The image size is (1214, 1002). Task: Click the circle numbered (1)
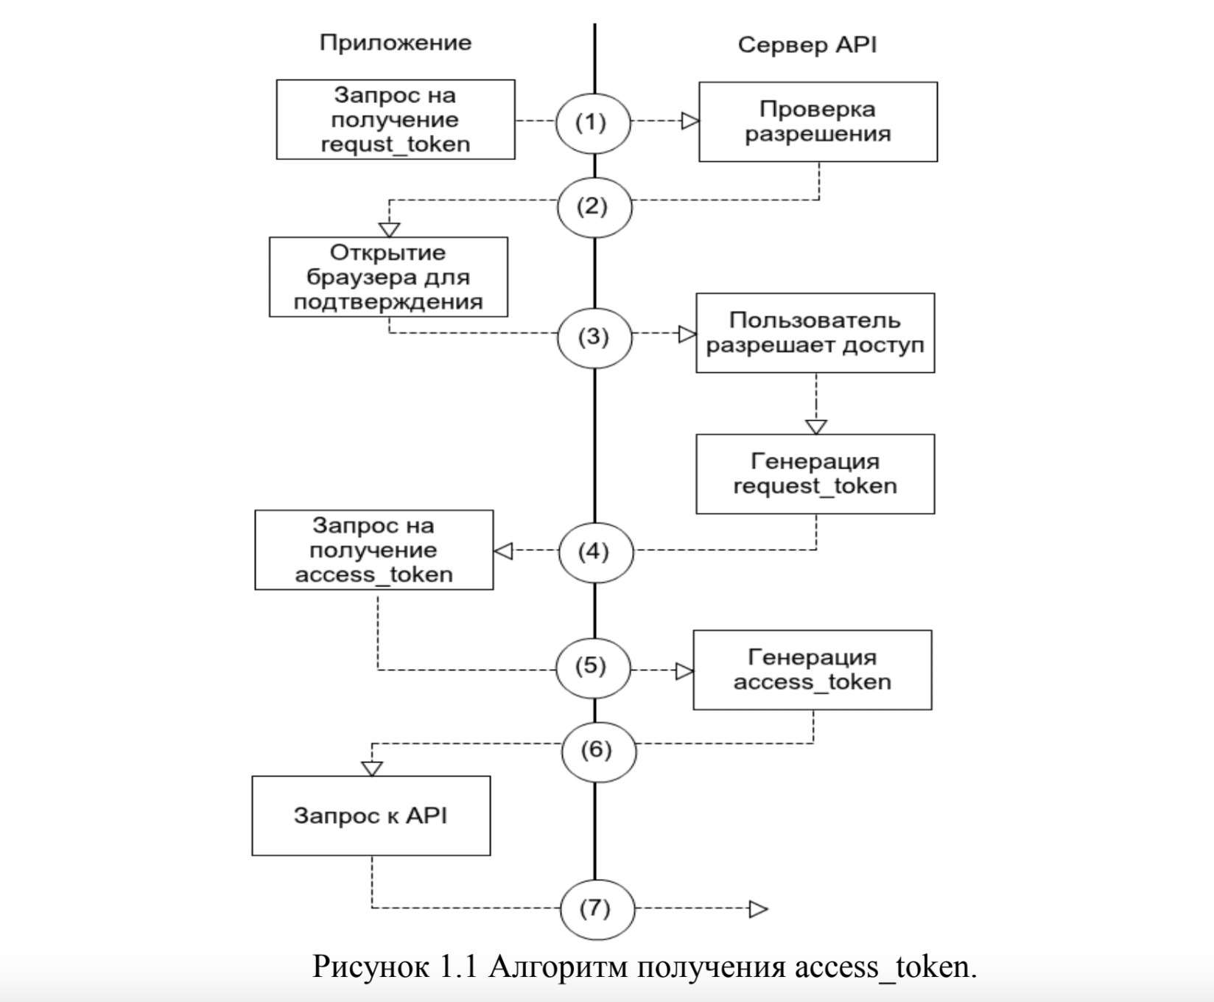point(592,122)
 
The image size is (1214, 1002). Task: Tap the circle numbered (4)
point(595,552)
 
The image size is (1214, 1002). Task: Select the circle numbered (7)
point(596,908)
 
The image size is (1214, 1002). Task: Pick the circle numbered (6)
point(597,750)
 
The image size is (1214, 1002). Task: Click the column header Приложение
point(396,43)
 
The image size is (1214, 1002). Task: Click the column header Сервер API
point(807,45)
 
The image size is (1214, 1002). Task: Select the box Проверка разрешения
point(818,122)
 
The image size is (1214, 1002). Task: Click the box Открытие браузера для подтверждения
point(388,277)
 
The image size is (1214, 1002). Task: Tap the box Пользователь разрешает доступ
point(815,333)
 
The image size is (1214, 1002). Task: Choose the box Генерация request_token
point(815,474)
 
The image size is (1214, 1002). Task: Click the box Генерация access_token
point(812,670)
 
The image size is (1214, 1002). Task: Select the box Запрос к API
point(371,816)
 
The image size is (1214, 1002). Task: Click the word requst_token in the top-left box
point(396,144)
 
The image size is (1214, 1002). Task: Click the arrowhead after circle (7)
point(758,909)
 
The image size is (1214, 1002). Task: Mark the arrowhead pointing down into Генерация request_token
point(815,427)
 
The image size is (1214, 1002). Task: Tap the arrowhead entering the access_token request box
point(503,550)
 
